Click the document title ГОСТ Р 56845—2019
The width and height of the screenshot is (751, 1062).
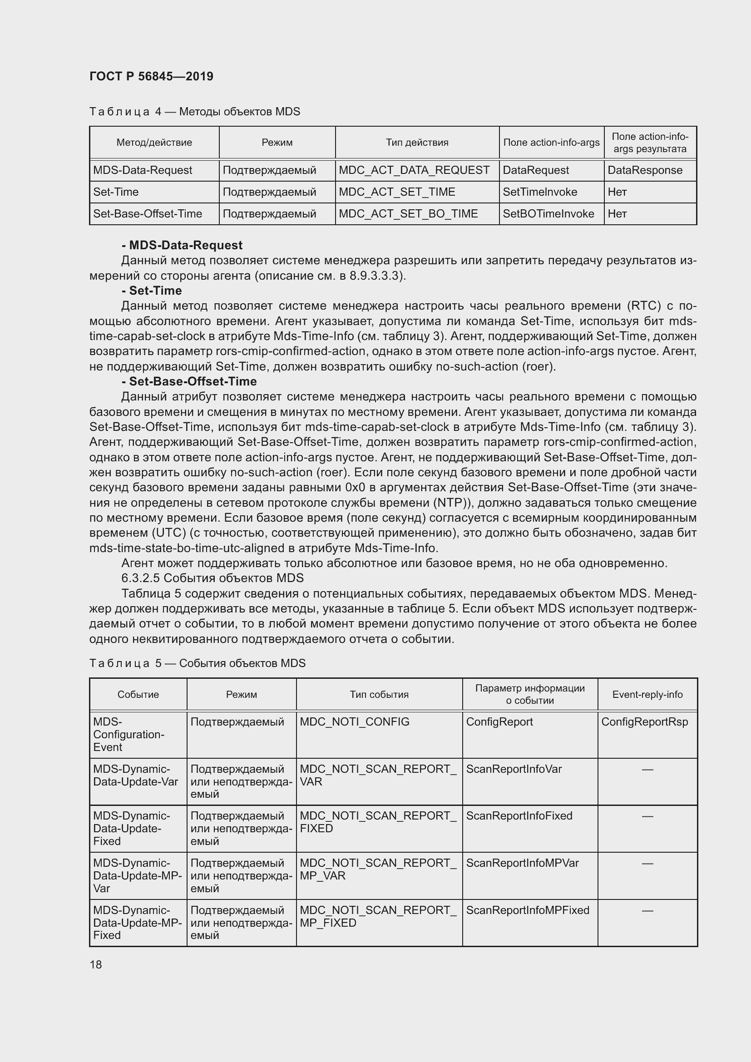click(151, 76)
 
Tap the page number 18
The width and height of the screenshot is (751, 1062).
click(96, 964)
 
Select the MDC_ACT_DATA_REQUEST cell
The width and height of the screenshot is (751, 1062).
click(414, 170)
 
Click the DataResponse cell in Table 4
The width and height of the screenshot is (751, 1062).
click(645, 170)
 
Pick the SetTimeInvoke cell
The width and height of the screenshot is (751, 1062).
click(540, 192)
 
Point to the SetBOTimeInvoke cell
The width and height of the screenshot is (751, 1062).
click(548, 214)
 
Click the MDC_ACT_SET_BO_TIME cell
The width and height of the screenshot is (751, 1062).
click(408, 214)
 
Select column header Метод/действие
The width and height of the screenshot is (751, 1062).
click(154, 143)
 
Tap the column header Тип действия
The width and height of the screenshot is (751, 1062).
click(417, 143)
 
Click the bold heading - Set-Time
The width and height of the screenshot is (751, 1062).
click(152, 291)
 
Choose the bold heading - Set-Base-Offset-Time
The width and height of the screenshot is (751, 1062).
click(190, 381)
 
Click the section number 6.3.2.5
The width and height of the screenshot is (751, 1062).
click(141, 578)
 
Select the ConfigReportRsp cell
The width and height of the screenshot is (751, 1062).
click(645, 721)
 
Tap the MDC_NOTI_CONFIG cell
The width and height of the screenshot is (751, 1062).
click(354, 721)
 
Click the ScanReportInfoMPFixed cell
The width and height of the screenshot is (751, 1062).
click(528, 910)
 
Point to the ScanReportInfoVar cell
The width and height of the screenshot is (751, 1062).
click(514, 769)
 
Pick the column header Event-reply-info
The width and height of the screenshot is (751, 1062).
click(647, 694)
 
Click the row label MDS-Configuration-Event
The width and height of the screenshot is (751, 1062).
click(128, 734)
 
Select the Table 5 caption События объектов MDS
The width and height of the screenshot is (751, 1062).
click(242, 663)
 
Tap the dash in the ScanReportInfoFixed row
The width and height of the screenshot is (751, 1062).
click(647, 816)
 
